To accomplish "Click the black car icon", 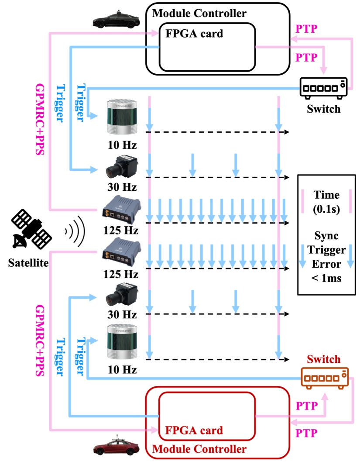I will [116, 20].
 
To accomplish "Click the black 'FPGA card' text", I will [194, 34].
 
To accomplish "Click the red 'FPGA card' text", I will [194, 430].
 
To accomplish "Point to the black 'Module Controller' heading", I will [199, 14].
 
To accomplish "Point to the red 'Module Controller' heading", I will [199, 448].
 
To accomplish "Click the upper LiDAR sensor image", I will [123, 117].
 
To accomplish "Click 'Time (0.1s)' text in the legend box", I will [326, 202].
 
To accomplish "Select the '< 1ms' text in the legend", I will [326, 278].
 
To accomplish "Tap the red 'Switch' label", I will [323, 359].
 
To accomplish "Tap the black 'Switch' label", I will [323, 108].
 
